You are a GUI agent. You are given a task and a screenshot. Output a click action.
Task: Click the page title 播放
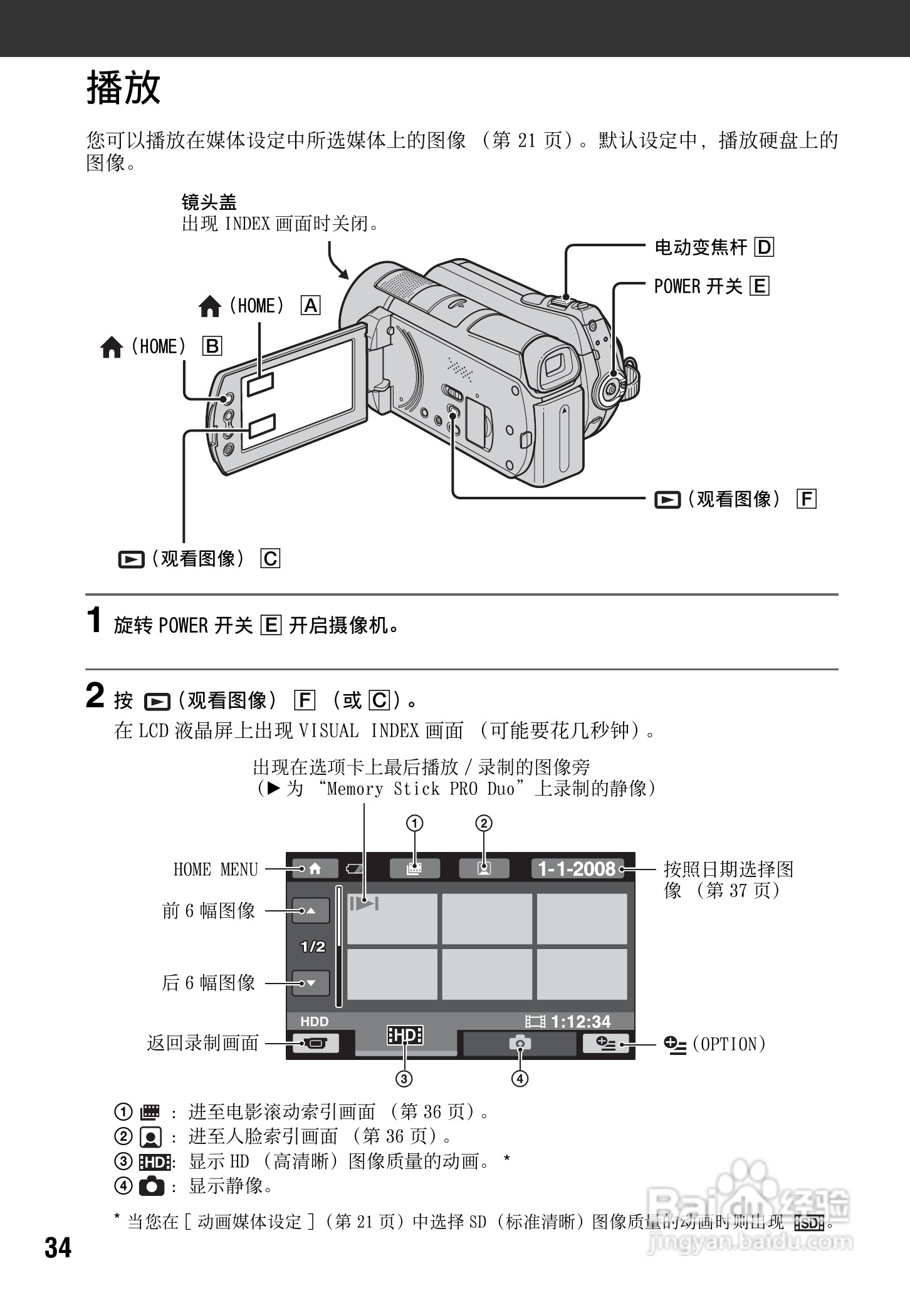[123, 88]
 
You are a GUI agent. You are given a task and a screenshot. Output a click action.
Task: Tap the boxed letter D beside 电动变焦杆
[765, 247]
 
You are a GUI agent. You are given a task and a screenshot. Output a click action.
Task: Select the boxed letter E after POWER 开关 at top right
[760, 286]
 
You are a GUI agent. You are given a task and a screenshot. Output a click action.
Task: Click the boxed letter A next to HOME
[310, 306]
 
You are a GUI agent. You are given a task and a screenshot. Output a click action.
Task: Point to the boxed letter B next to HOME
[212, 346]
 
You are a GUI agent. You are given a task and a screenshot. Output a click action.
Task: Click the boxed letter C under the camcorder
[271, 558]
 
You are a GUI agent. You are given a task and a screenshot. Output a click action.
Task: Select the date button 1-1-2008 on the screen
[577, 869]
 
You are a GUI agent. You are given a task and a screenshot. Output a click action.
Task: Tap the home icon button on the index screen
[315, 869]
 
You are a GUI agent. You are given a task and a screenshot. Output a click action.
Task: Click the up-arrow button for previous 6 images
[311, 911]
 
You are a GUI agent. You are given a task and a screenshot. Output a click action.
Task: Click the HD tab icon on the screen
[405, 1036]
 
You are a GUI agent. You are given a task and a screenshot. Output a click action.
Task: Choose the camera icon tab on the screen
[520, 1043]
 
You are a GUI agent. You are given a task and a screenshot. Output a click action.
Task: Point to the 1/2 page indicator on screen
[313, 947]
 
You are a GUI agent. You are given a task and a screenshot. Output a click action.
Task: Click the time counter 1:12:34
[580, 1022]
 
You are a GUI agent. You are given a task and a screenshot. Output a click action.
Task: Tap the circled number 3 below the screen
[404, 1079]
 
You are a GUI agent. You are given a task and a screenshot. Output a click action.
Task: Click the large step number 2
[95, 695]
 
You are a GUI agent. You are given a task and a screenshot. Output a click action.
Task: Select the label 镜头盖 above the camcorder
[209, 202]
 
